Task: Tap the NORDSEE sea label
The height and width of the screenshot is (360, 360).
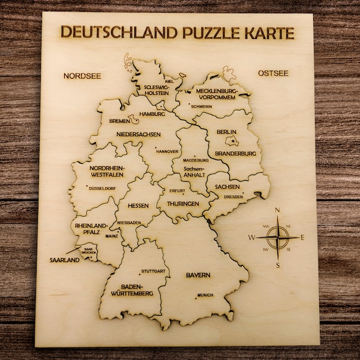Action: [x=82, y=76]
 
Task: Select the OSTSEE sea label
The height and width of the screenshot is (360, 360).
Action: [x=273, y=74]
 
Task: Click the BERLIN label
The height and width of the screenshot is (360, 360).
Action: [x=227, y=132]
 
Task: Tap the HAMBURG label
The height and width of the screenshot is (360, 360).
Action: [x=152, y=113]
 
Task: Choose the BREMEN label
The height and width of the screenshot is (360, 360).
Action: [x=120, y=121]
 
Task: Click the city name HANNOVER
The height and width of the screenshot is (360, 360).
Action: [x=167, y=152]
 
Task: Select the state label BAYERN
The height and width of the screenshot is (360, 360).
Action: [x=197, y=275]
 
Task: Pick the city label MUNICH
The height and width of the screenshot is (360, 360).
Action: [x=205, y=295]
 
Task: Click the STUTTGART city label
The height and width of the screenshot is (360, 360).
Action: [x=153, y=272]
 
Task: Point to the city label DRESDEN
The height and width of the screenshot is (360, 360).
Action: [x=233, y=197]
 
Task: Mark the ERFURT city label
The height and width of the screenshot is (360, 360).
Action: [x=178, y=191]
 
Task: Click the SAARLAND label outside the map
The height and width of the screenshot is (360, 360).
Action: [x=65, y=260]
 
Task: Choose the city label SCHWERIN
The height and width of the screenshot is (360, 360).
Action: [x=202, y=106]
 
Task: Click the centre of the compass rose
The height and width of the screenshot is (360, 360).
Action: [x=277, y=238]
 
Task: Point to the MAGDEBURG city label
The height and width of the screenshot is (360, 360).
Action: [x=196, y=161]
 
